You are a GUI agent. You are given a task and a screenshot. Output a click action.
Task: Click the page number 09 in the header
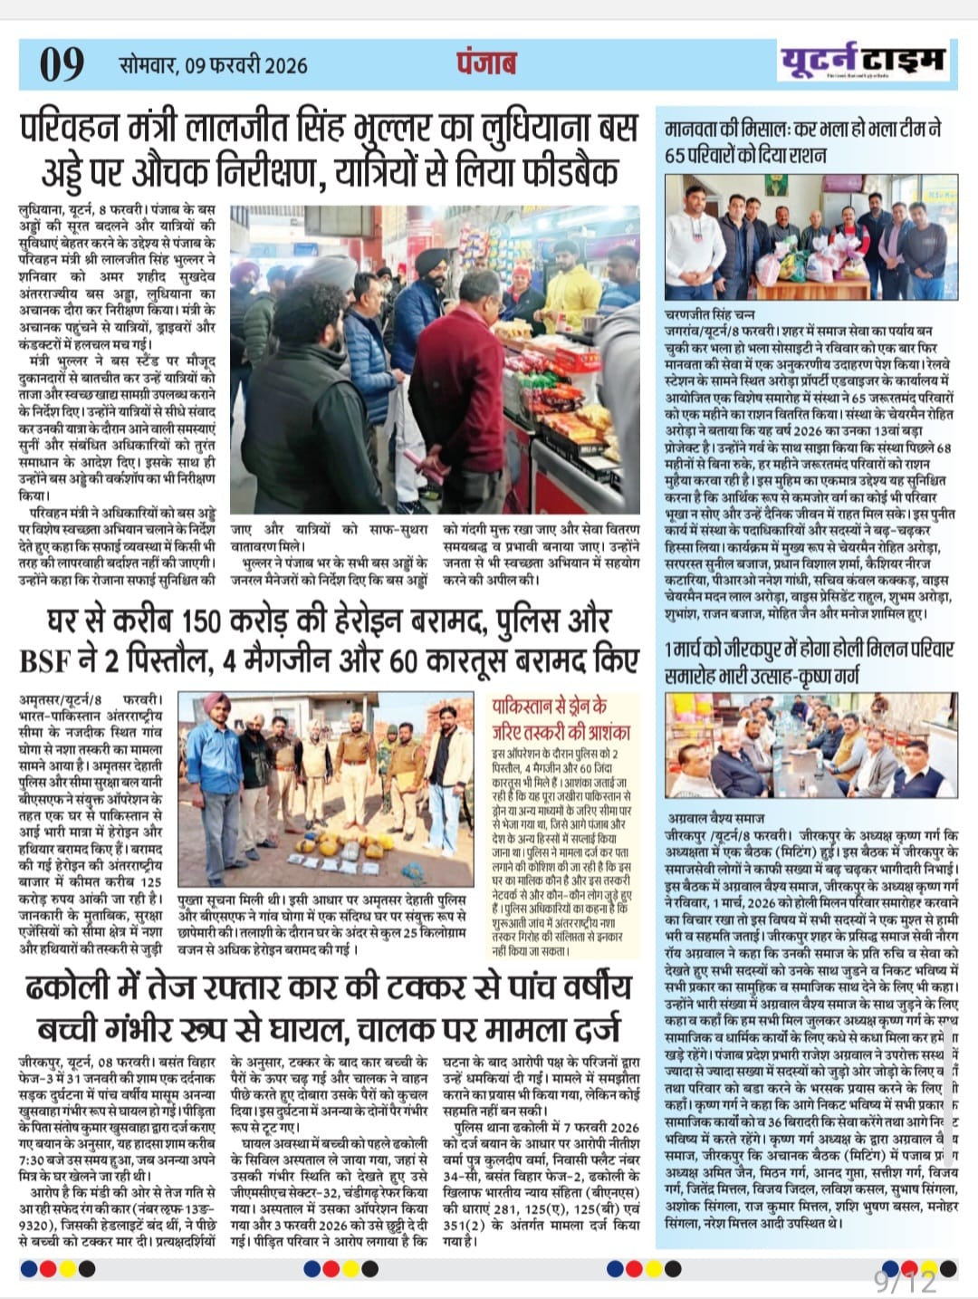pos(62,63)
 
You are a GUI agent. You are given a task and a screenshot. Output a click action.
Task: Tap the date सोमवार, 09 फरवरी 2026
pos(214,65)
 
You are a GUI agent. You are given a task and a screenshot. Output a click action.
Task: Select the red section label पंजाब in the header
pos(486,63)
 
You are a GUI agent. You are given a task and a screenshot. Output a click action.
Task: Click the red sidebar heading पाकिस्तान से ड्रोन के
pos(549,707)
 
